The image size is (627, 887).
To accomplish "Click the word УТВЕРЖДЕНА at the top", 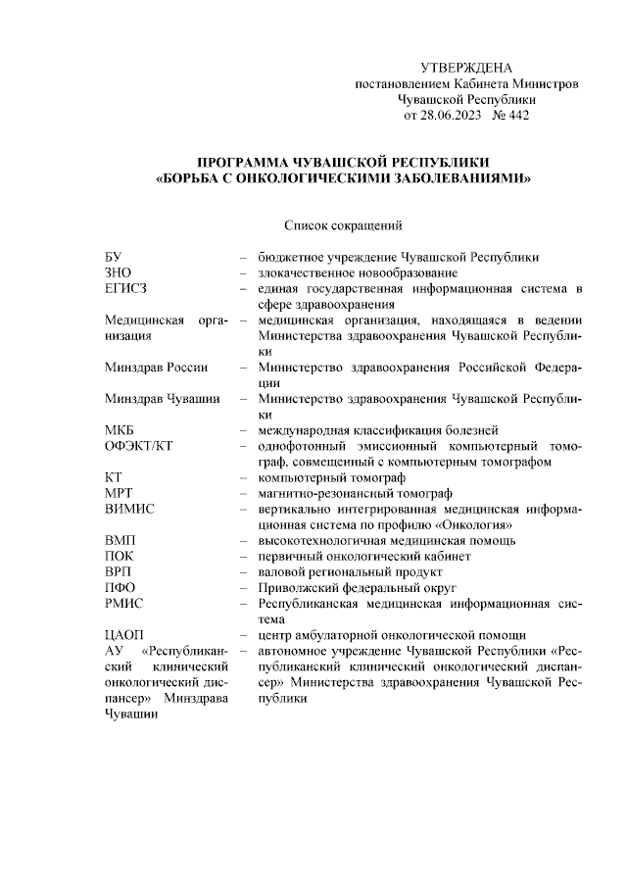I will [466, 68].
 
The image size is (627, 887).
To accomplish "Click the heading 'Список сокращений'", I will [343, 224].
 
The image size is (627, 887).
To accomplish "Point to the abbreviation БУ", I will [114, 257].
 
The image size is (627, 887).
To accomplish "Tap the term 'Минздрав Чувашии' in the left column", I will [162, 399].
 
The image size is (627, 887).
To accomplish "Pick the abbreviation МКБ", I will [120, 430].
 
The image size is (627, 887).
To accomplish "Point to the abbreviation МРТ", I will [120, 493].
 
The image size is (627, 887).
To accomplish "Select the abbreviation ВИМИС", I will [129, 509].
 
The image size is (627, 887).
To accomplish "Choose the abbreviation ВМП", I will [120, 540].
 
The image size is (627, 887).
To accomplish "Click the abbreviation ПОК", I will [119, 556].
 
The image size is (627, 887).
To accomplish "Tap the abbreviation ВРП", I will [119, 571].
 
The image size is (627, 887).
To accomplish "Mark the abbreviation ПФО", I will [120, 587].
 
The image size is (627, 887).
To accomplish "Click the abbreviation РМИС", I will [124, 603].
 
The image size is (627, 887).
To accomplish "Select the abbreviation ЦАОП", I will [124, 634].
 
